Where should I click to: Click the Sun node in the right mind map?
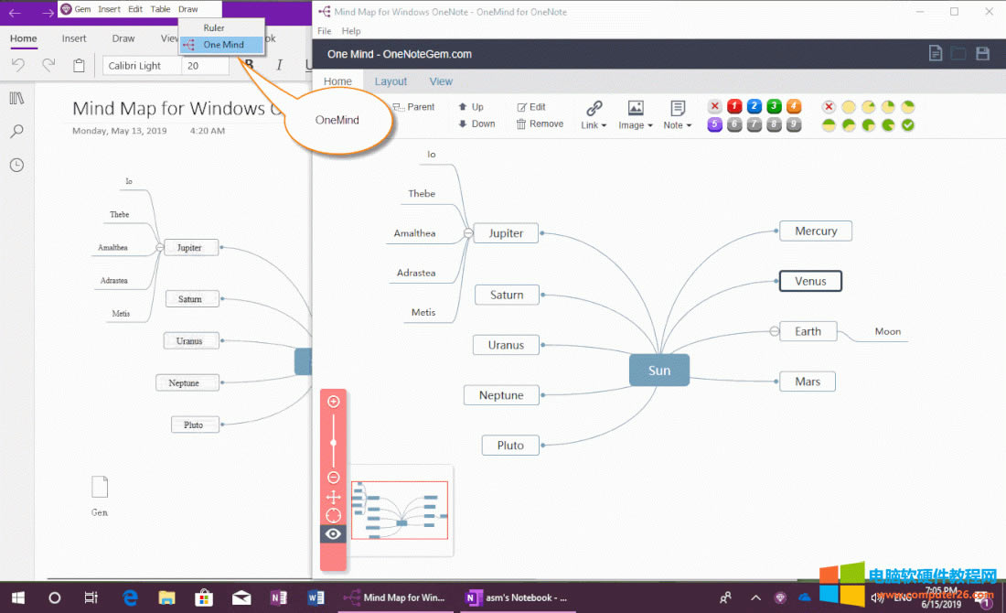click(x=659, y=371)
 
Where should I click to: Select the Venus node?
click(x=810, y=282)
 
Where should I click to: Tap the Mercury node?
click(x=816, y=231)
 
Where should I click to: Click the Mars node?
click(x=808, y=382)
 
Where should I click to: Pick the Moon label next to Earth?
click(x=887, y=332)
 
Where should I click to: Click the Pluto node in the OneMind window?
click(x=510, y=446)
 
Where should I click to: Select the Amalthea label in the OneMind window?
click(x=414, y=233)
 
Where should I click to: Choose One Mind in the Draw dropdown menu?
click(x=223, y=45)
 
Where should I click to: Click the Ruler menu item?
click(x=214, y=28)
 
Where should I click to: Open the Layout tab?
click(x=391, y=81)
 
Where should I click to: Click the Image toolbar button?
click(x=636, y=115)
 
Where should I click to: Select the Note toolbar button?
click(x=678, y=115)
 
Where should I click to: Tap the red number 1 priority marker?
click(x=733, y=107)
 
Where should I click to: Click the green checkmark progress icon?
click(x=908, y=125)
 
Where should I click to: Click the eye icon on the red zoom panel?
click(x=333, y=534)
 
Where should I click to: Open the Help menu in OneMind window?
click(x=351, y=31)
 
